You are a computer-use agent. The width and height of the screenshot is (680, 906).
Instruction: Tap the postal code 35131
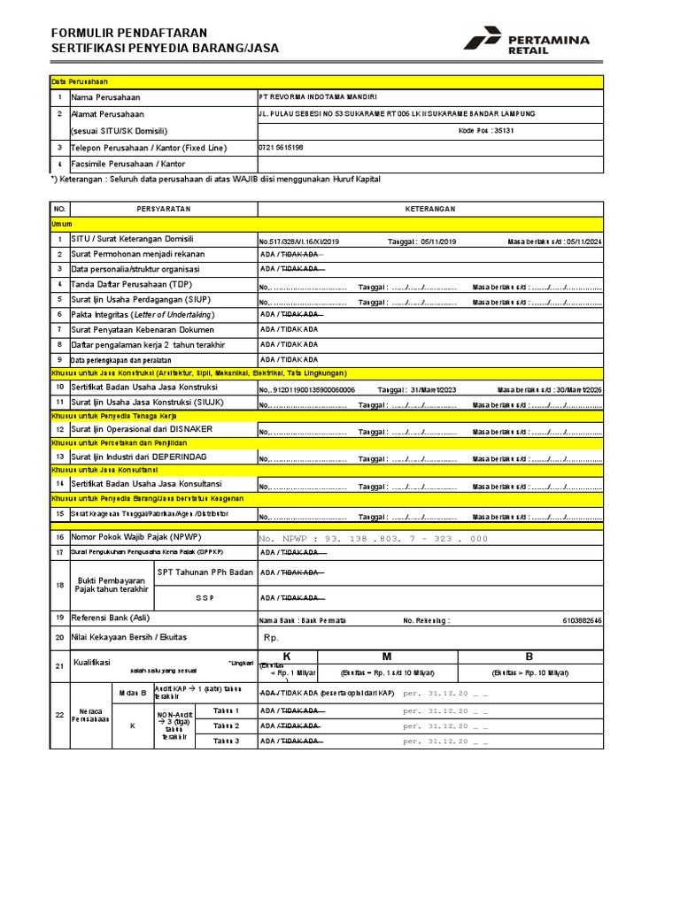click(485, 129)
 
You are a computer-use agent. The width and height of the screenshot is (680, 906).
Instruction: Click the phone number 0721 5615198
click(281, 147)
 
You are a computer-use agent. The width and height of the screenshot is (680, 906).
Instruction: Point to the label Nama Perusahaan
click(105, 97)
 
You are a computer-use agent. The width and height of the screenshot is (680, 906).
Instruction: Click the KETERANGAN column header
click(429, 208)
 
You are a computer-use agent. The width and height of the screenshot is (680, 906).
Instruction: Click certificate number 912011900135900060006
click(309, 389)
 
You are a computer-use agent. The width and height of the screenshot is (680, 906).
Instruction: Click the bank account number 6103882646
click(582, 621)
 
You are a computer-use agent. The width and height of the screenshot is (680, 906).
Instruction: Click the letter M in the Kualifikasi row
click(387, 656)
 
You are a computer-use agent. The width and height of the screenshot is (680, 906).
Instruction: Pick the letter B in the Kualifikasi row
click(529, 656)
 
